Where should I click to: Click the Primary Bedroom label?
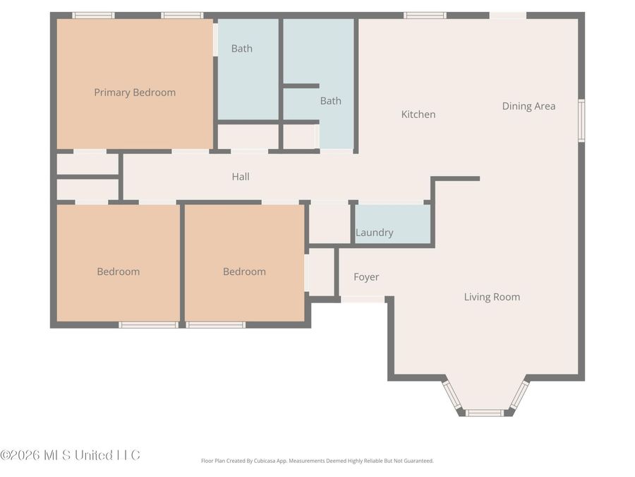pyautogui.click(x=135, y=93)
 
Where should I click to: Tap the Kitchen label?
pyautogui.click(x=418, y=114)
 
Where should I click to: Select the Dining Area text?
pyautogui.click(x=528, y=107)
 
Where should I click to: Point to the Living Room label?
pyautogui.click(x=492, y=298)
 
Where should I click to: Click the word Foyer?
pyautogui.click(x=366, y=278)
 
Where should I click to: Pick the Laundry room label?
pyautogui.click(x=374, y=233)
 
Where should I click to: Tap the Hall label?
pyautogui.click(x=241, y=177)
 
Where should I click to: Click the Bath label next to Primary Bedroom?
pyautogui.click(x=241, y=49)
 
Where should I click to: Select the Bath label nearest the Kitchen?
pyautogui.click(x=330, y=101)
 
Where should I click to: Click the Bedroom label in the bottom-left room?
pyautogui.click(x=118, y=272)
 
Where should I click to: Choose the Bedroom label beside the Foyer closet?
pyautogui.click(x=244, y=272)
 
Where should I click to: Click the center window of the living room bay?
pyautogui.click(x=485, y=413)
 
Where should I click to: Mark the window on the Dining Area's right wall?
pyautogui.click(x=581, y=120)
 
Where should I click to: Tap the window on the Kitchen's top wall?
pyautogui.click(x=425, y=15)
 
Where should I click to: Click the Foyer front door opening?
pyautogui.click(x=363, y=300)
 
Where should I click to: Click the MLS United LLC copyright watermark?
pyautogui.click(x=70, y=455)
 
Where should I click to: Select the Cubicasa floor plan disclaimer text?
pyautogui.click(x=317, y=461)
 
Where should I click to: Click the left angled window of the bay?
pyautogui.click(x=452, y=395)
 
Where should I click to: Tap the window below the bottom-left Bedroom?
pyautogui.click(x=147, y=325)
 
